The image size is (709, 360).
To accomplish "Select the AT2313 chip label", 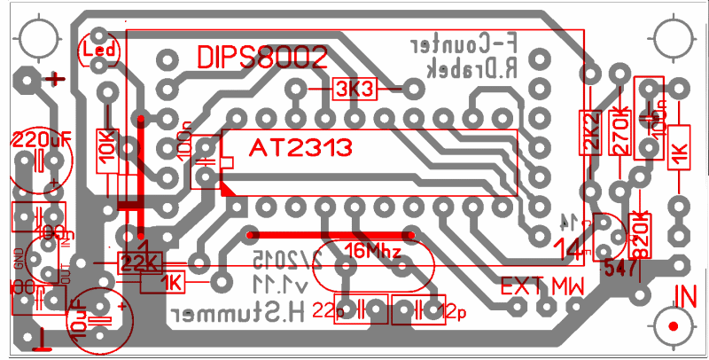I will [x=302, y=146].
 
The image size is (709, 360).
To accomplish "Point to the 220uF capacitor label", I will [x=42, y=139].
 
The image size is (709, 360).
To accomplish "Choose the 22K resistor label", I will [x=140, y=262].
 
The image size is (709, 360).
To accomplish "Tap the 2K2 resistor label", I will [x=589, y=130].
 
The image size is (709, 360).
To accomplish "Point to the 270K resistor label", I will [x=621, y=130].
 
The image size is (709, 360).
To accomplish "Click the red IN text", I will [x=686, y=296].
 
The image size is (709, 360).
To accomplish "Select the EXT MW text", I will [x=543, y=286].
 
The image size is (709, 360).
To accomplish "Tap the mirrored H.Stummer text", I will [x=238, y=314].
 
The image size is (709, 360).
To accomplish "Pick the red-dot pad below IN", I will [x=674, y=326].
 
